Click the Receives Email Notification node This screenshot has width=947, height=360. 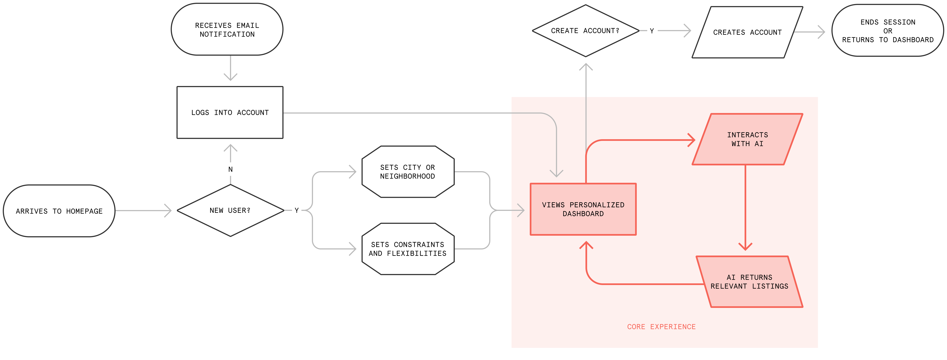tap(227, 29)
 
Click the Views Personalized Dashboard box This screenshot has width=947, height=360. tap(583, 209)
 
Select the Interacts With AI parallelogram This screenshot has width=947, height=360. tap(747, 139)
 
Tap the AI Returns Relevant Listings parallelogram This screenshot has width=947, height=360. tap(750, 282)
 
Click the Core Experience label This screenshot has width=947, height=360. tap(661, 327)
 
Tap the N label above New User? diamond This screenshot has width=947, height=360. tap(231, 169)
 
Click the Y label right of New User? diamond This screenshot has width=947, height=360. tap(297, 210)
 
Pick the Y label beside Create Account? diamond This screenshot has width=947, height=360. tap(652, 31)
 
